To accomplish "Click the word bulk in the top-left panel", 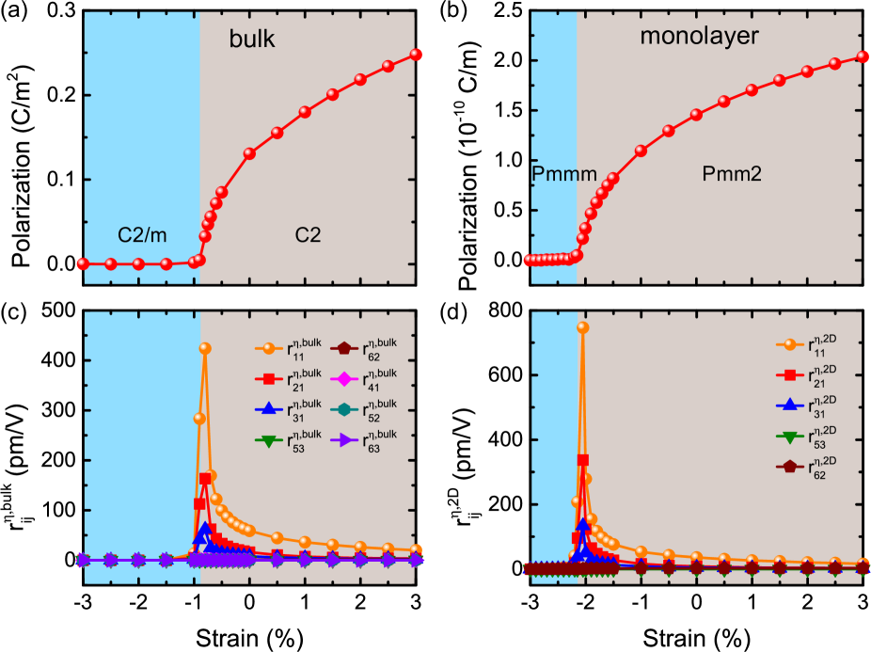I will (252, 40).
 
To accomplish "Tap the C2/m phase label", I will (142, 235).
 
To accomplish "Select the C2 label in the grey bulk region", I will (308, 235).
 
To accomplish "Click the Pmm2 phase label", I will (732, 174).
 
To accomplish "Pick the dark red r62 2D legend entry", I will (812, 467).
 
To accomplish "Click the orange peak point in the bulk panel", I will (204, 348).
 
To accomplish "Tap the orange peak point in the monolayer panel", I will (583, 327).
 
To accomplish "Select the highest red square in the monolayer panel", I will (583, 460).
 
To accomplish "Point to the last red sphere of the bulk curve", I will (416, 55).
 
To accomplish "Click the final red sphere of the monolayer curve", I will (863, 56).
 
